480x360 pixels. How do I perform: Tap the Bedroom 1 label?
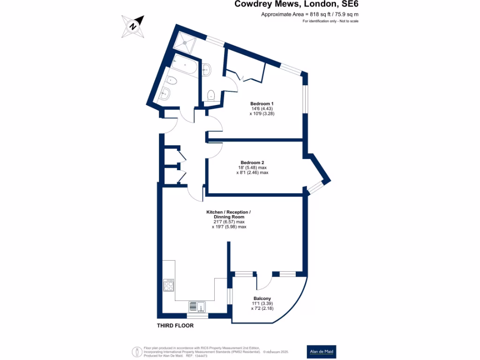[262, 104]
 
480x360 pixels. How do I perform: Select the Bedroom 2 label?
[253, 163]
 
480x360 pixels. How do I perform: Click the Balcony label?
[262, 299]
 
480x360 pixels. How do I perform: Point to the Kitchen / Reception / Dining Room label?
[229, 215]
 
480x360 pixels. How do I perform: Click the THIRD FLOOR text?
[175, 325]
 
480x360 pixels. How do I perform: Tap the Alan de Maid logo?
[321, 352]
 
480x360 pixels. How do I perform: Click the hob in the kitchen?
[169, 285]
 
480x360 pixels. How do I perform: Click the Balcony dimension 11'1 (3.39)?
[262, 304]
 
